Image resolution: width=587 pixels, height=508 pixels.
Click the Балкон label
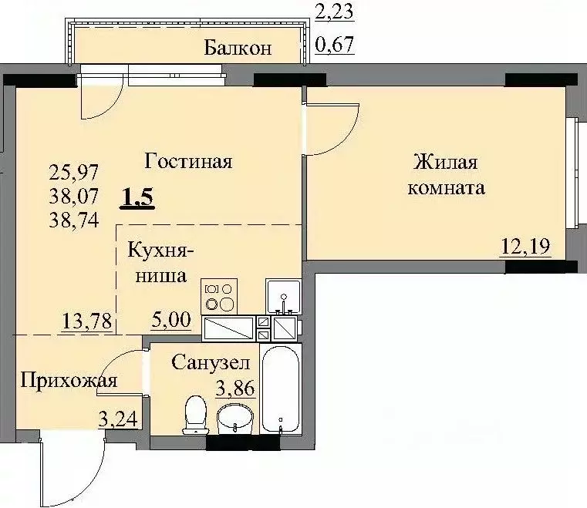coord(238,49)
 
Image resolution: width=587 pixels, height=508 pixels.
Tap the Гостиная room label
coord(188,162)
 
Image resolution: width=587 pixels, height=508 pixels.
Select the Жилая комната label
coord(448,175)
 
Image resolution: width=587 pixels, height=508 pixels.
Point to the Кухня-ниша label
coord(160,263)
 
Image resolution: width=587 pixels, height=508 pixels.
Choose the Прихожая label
coord(69,380)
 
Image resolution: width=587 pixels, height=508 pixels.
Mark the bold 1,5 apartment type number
coord(138,198)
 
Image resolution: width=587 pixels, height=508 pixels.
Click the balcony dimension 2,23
coord(335,10)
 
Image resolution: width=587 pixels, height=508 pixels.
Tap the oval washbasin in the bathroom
coord(234,420)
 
